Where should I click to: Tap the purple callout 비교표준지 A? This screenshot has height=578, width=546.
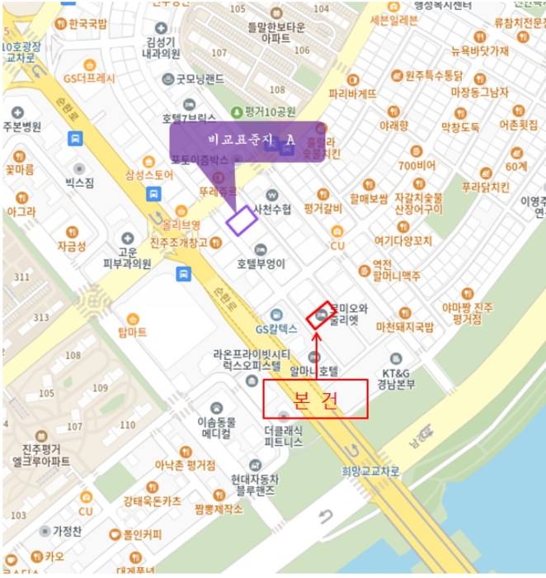pyautogui.click(x=247, y=141)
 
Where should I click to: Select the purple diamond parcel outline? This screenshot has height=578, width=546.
pyautogui.click(x=242, y=220)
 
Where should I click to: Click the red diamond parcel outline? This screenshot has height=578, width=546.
pyautogui.click(x=319, y=315)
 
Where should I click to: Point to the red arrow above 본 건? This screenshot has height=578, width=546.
pyautogui.click(x=316, y=351)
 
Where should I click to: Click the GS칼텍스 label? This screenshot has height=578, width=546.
pyautogui.click(x=275, y=328)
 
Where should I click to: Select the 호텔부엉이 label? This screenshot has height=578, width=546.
pyautogui.click(x=261, y=264)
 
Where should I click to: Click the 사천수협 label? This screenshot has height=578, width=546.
pyautogui.click(x=273, y=209)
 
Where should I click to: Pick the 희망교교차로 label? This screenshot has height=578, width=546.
pyautogui.click(x=369, y=471)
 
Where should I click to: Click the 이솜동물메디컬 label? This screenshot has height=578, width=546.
pyautogui.click(x=216, y=426)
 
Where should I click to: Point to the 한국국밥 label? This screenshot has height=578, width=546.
pyautogui.click(x=87, y=24)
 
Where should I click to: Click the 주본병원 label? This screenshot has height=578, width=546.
pyautogui.click(x=21, y=126)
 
